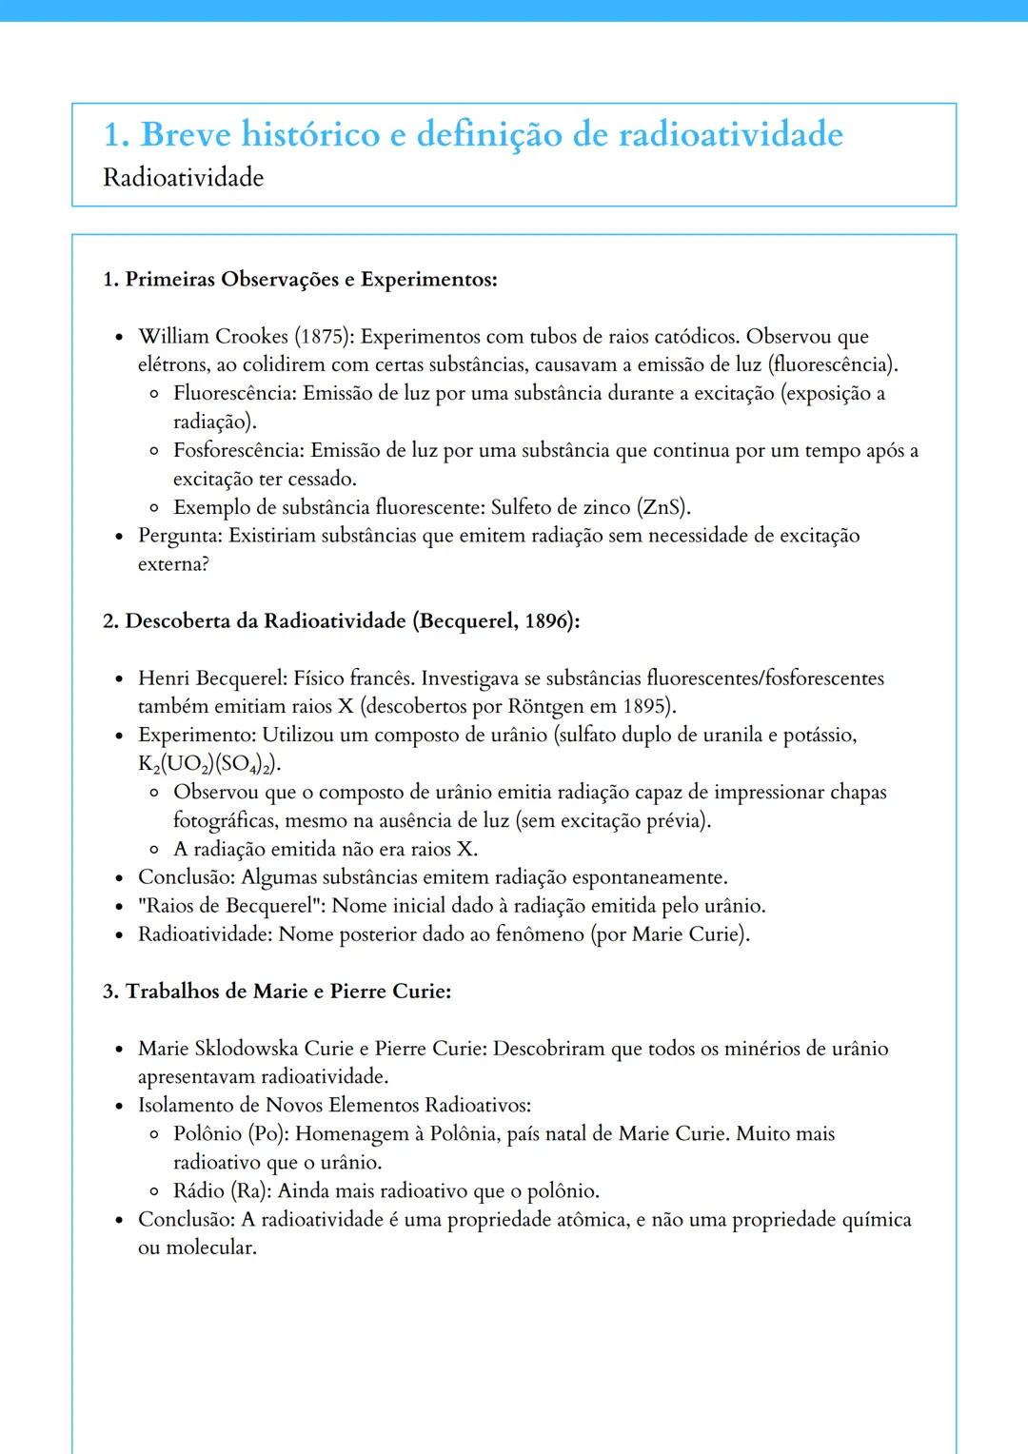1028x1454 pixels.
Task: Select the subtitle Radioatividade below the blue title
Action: tap(183, 178)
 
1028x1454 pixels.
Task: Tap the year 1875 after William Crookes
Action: tap(324, 337)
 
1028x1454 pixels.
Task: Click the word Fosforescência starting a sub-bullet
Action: tap(237, 450)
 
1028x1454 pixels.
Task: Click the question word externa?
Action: tap(173, 564)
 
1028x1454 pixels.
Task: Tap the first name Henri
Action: tap(164, 678)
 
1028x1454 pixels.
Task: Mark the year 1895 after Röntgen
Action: tap(647, 707)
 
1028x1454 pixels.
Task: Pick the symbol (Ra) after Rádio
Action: tap(246, 1191)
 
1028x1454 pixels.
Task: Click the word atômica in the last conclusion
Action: tap(588, 1220)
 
